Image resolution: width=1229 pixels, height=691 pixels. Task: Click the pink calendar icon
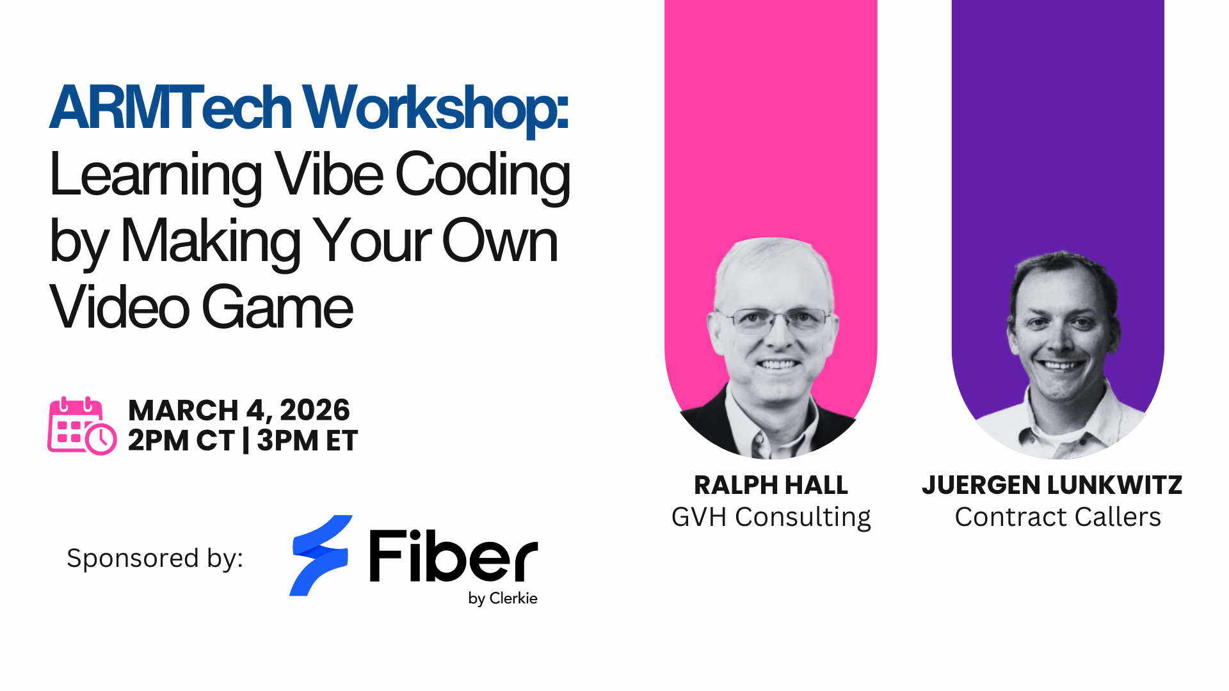[x=82, y=425]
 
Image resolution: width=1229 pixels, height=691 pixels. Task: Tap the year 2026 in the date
[x=315, y=410]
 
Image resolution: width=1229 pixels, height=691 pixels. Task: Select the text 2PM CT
[x=181, y=440]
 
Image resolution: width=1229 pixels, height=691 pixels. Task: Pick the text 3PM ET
[x=307, y=440]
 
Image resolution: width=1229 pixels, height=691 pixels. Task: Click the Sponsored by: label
[x=155, y=558]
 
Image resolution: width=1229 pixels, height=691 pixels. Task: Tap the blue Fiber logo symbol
[x=320, y=555]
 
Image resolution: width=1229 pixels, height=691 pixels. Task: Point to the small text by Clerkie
[x=502, y=598]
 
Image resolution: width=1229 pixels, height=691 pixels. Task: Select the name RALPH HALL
[x=771, y=485]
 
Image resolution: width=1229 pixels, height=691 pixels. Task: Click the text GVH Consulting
[x=771, y=517]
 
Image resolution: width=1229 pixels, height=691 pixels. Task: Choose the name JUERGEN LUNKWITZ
[x=1052, y=485]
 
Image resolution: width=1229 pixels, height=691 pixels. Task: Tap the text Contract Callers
[x=1058, y=517]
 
